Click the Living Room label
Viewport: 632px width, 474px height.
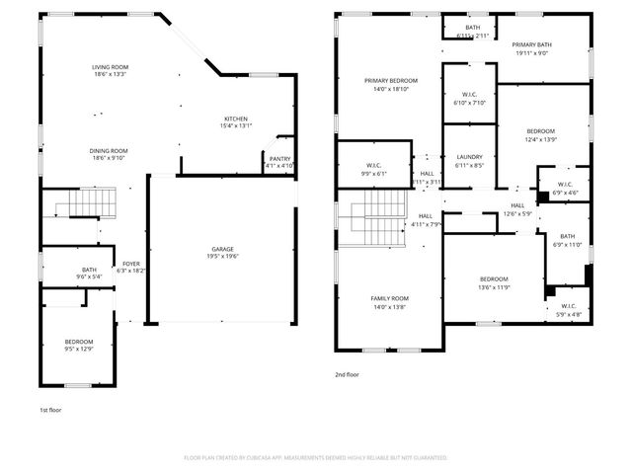110,67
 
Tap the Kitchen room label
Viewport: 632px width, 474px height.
236,118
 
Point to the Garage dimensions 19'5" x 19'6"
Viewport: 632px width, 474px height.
221,255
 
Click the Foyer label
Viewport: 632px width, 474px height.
130,264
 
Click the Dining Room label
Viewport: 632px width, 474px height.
110,150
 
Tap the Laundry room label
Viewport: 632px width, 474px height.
468,157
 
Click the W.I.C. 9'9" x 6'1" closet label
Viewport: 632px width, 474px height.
373,165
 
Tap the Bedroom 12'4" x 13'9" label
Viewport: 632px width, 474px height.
540,131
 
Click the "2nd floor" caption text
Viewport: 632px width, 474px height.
348,375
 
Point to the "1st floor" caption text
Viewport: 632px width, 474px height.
50,408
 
